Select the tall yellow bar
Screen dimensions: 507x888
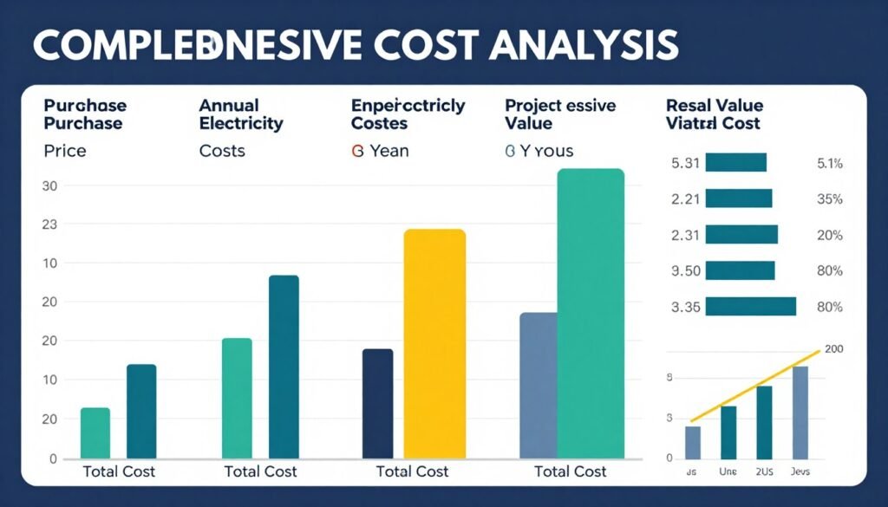tap(434, 342)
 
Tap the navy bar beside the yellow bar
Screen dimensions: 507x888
tap(377, 403)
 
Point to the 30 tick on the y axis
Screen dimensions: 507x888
tap(49, 185)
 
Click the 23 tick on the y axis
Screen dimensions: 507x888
tap(49, 224)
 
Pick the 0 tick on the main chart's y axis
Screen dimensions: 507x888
tap(52, 458)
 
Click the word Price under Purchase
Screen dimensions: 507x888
tap(65, 151)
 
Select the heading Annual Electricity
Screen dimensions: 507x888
tap(241, 114)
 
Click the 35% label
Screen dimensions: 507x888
tap(830, 199)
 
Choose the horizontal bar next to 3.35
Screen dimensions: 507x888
tap(751, 306)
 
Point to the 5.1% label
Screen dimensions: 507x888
tap(830, 163)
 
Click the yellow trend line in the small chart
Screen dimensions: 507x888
tap(754, 387)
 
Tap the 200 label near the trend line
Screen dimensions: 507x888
tap(834, 349)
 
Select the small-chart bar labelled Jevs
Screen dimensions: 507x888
tap(800, 413)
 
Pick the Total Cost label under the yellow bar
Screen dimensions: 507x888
tap(413, 471)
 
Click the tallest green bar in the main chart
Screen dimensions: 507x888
tap(591, 313)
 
